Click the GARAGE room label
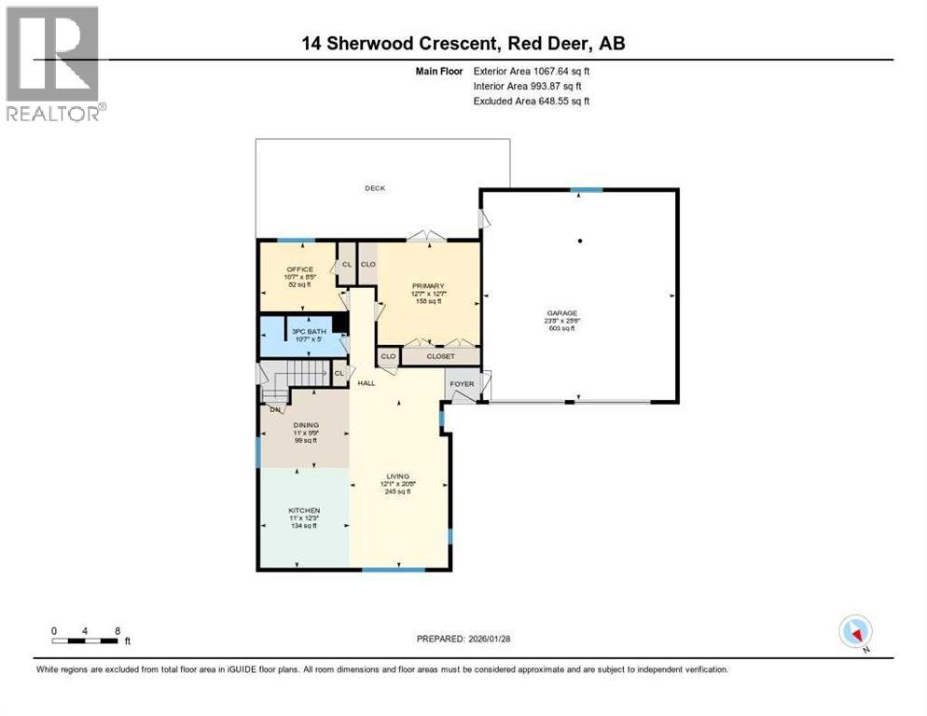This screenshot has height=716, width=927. [x=562, y=313]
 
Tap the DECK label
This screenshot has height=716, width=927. [x=374, y=188]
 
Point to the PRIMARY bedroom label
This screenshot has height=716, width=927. [x=428, y=285]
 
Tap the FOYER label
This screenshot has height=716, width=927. [x=462, y=383]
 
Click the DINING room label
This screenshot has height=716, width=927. [x=306, y=425]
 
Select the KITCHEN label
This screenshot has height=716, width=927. [x=304, y=510]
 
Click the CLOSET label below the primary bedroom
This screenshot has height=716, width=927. [x=440, y=356]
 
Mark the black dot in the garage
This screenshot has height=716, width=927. [x=580, y=241]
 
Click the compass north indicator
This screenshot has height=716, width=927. [x=855, y=632]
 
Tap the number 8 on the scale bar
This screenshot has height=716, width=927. [x=118, y=630]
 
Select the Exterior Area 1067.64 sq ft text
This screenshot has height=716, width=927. [x=531, y=71]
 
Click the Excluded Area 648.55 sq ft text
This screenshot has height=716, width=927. [x=531, y=101]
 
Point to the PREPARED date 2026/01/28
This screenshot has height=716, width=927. [x=463, y=639]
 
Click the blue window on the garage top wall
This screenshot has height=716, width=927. [x=586, y=190]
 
